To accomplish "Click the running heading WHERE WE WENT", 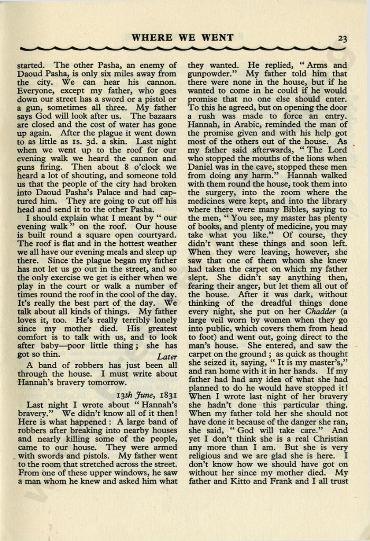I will tap(182, 38).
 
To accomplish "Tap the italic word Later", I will tap(166, 357).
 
